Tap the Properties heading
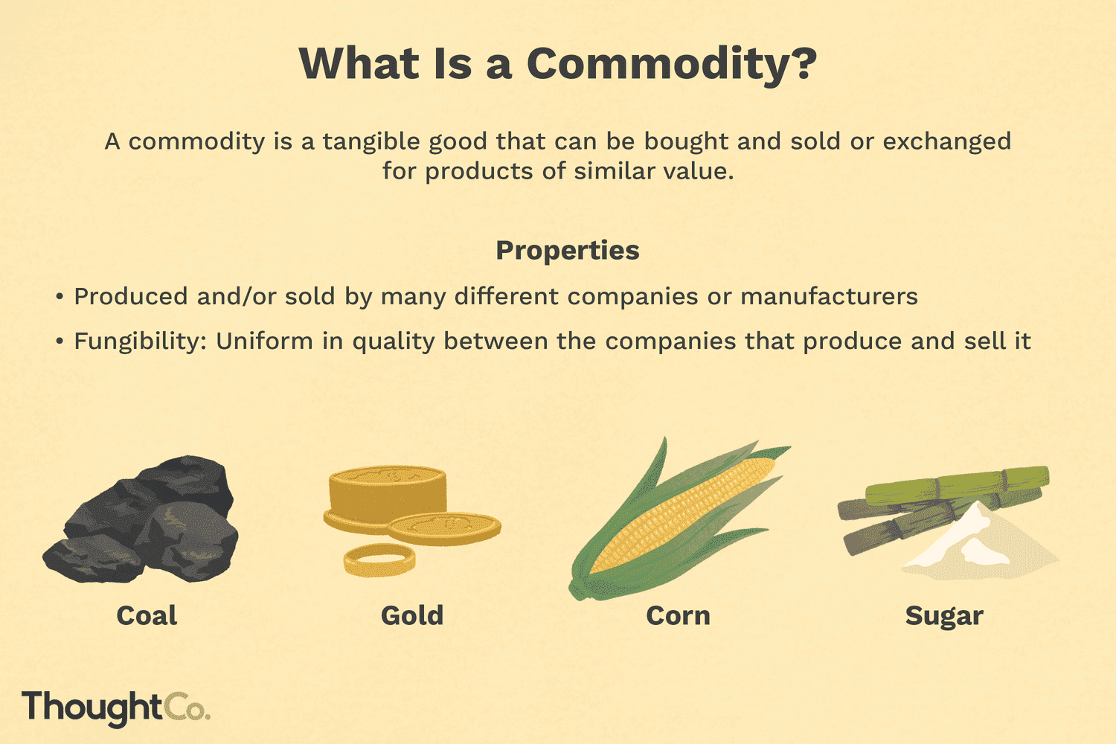[568, 251]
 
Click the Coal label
[147, 616]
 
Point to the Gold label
[412, 616]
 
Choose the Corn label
[678, 616]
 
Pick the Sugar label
[944, 616]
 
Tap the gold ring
[379, 559]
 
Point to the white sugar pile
[982, 543]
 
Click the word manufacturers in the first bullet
[829, 297]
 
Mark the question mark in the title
[802, 65]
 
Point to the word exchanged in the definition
[946, 141]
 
